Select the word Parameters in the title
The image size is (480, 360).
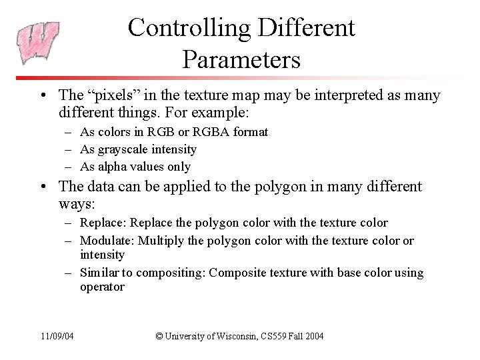pyautogui.click(x=241, y=60)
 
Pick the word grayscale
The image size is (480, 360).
pyautogui.click(x=123, y=149)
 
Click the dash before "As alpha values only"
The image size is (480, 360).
pyautogui.click(x=69, y=167)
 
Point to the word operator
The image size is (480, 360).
pyautogui.click(x=102, y=287)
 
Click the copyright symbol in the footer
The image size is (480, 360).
pyautogui.click(x=159, y=336)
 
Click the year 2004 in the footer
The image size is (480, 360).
pyautogui.click(x=312, y=336)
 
